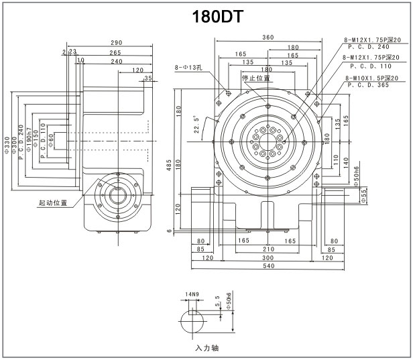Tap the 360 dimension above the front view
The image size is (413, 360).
pyautogui.click(x=268, y=37)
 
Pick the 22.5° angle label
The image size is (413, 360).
pyautogui.click(x=197, y=125)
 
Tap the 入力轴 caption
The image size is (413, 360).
pyautogui.click(x=206, y=348)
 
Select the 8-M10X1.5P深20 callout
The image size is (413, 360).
pyautogui.click(x=373, y=78)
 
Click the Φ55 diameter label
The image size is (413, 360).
pyautogui.click(x=365, y=194)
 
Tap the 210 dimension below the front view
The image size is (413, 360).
pyautogui.click(x=268, y=249)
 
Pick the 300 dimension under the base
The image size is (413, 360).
pyautogui.click(x=268, y=257)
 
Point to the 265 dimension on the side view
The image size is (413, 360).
pyautogui.click(x=115, y=52)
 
